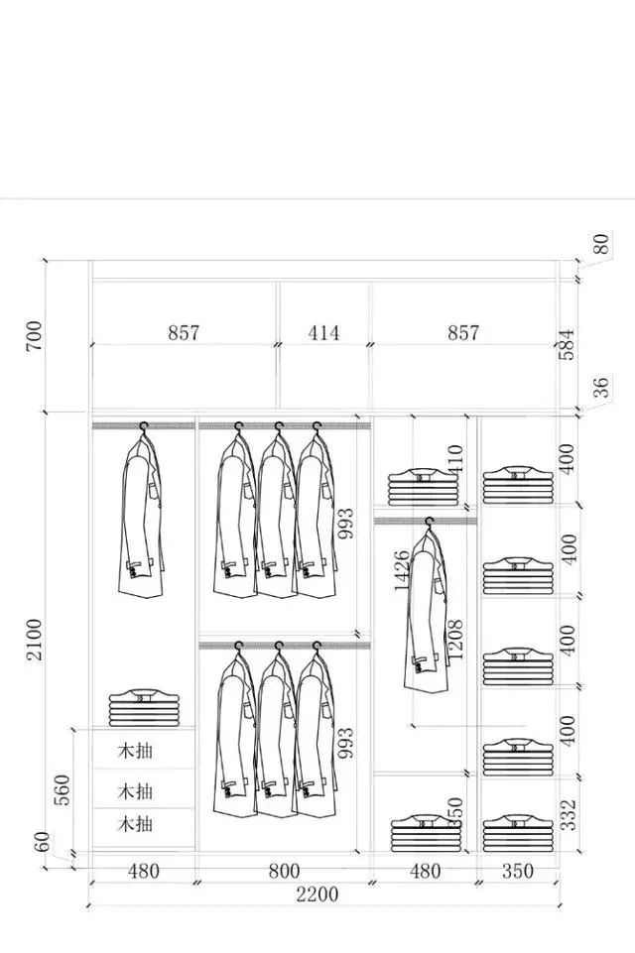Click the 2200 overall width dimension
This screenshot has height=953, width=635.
[317, 894]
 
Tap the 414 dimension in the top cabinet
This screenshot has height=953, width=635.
[323, 333]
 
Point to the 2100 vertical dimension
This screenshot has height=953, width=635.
[33, 640]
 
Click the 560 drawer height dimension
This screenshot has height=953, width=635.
[62, 789]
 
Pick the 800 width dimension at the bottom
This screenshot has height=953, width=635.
[284, 872]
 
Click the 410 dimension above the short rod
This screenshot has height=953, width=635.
[454, 458]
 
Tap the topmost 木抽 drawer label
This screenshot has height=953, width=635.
[135, 750]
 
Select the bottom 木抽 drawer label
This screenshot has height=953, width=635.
[135, 824]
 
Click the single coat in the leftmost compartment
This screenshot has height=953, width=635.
[142, 516]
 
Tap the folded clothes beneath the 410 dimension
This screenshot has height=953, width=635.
[424, 487]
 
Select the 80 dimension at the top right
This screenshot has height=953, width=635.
[600, 244]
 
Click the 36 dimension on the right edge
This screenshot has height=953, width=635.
[600, 389]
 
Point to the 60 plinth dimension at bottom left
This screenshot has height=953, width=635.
[42, 843]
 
